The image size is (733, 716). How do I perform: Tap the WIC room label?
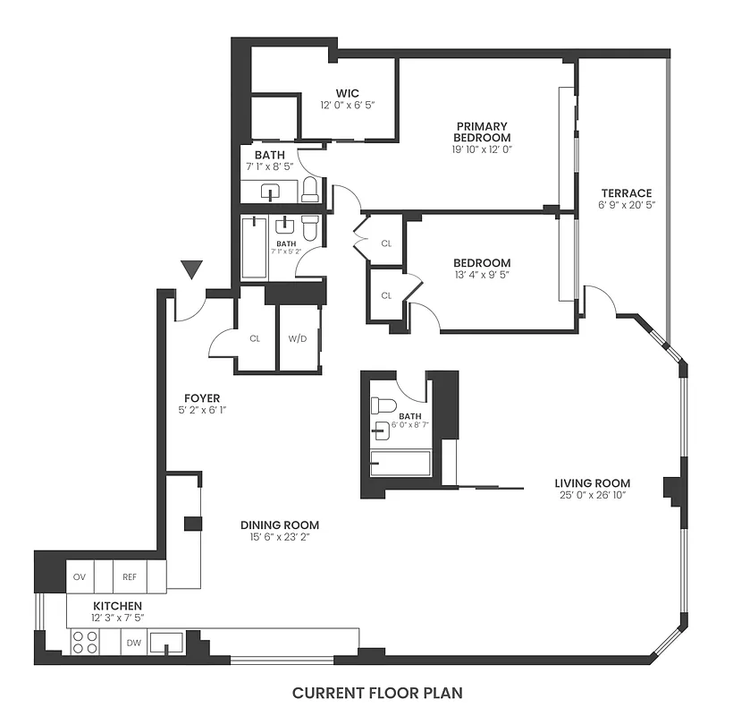[349, 93]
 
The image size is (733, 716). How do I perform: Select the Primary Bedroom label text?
[481, 132]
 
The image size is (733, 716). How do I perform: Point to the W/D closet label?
[298, 339]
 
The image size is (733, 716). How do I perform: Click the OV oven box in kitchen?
[80, 577]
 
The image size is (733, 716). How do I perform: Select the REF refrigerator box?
[130, 577]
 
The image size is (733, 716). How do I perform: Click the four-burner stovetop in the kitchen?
[85, 643]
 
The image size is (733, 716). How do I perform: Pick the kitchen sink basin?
[167, 642]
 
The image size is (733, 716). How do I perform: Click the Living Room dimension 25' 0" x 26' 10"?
[593, 497]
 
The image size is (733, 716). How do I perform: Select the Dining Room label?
[280, 524]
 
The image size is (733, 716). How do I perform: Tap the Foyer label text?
[202, 397]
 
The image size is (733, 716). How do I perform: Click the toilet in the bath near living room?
[382, 406]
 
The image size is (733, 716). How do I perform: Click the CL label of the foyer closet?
[255, 339]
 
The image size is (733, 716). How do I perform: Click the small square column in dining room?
[190, 524]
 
